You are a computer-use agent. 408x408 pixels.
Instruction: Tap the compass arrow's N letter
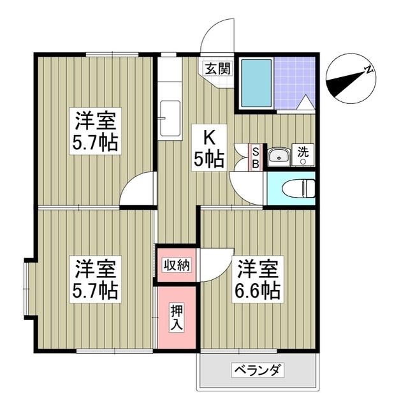point(368,71)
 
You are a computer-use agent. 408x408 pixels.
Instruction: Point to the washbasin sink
point(278,157)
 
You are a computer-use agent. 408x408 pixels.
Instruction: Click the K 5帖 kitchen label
point(209,149)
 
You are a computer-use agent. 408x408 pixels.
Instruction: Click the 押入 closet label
point(177,317)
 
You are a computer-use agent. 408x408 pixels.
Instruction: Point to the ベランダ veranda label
point(258,370)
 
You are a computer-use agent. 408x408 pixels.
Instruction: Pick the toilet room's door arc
point(245,187)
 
